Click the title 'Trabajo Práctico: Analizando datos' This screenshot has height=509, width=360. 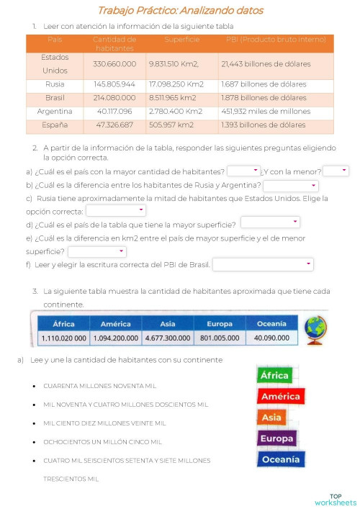[180, 11]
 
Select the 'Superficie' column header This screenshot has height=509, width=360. [181, 39]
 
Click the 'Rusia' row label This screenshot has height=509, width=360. [55, 84]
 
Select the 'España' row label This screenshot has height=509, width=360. [55, 125]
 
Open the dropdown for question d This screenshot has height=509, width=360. [270, 222]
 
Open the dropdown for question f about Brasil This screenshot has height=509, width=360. [263, 265]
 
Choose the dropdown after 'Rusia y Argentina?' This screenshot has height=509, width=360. [290, 186]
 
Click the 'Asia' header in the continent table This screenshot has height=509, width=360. [168, 324]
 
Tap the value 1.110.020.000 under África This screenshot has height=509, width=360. [64, 338]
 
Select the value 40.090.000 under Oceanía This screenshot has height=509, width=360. [271, 338]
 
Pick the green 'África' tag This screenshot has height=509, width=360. [274, 375]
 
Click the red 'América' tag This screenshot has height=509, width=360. [281, 396]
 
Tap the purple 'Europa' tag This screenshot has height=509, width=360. [276, 438]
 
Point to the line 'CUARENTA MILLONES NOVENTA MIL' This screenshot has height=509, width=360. [99, 386]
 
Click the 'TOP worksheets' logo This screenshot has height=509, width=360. [335, 499]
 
